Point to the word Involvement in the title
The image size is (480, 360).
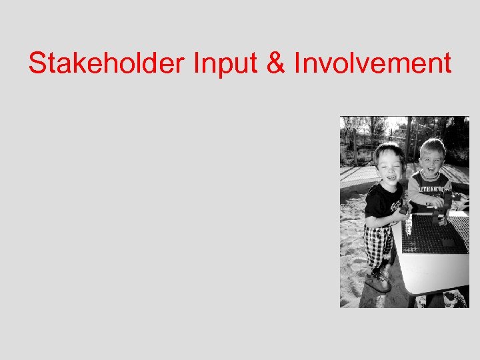[x=371, y=64]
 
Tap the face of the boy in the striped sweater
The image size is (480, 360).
[x=432, y=159]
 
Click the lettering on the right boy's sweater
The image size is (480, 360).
[x=429, y=182]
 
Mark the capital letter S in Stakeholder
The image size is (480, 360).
[x=37, y=64]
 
